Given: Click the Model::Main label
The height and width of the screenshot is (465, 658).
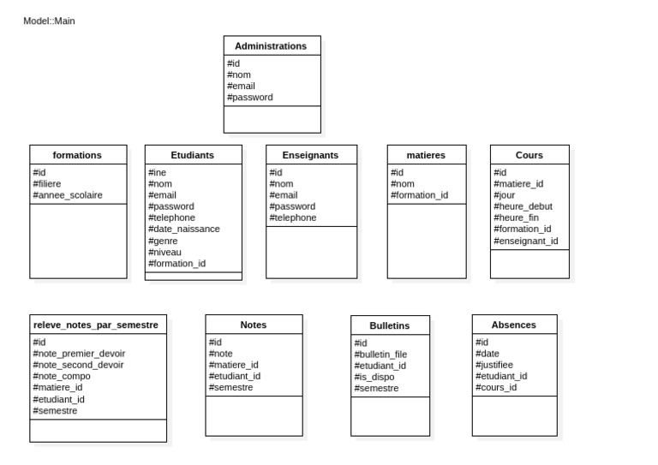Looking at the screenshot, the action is tap(49, 21).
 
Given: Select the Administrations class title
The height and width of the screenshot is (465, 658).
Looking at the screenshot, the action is tap(271, 46).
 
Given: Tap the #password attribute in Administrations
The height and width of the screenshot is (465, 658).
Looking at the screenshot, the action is tap(250, 98).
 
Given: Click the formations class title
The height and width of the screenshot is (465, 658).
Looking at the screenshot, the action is tap(77, 155).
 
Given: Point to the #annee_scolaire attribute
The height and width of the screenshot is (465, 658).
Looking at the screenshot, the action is tap(68, 195).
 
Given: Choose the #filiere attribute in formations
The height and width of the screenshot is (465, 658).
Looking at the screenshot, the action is tap(47, 184).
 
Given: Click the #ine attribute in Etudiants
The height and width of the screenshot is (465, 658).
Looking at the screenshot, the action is tap(158, 173).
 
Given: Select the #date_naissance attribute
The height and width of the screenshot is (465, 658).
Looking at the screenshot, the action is tap(184, 230).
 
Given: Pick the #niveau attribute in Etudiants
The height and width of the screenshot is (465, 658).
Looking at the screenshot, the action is tap(164, 253).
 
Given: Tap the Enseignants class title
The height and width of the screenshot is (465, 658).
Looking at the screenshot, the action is tap(310, 155).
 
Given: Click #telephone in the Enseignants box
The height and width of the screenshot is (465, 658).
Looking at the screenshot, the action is tap(293, 218).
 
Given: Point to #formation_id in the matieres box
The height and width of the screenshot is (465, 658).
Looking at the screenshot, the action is tap(420, 195).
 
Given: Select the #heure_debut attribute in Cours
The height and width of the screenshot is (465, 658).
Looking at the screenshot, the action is tap(523, 206).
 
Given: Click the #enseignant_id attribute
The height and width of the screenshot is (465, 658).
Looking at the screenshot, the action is tap(526, 241).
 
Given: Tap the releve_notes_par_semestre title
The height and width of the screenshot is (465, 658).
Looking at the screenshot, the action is tap(96, 325).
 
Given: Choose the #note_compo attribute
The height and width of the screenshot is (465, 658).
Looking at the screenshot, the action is tap(62, 377).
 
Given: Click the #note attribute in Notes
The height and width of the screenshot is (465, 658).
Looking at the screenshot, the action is tap(221, 354).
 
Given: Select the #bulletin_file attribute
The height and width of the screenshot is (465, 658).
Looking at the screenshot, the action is tap(380, 355).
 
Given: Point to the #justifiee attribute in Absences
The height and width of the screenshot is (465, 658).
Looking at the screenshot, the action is tap(494, 365).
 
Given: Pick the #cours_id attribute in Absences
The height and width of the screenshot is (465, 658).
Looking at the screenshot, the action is tap(496, 388).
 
